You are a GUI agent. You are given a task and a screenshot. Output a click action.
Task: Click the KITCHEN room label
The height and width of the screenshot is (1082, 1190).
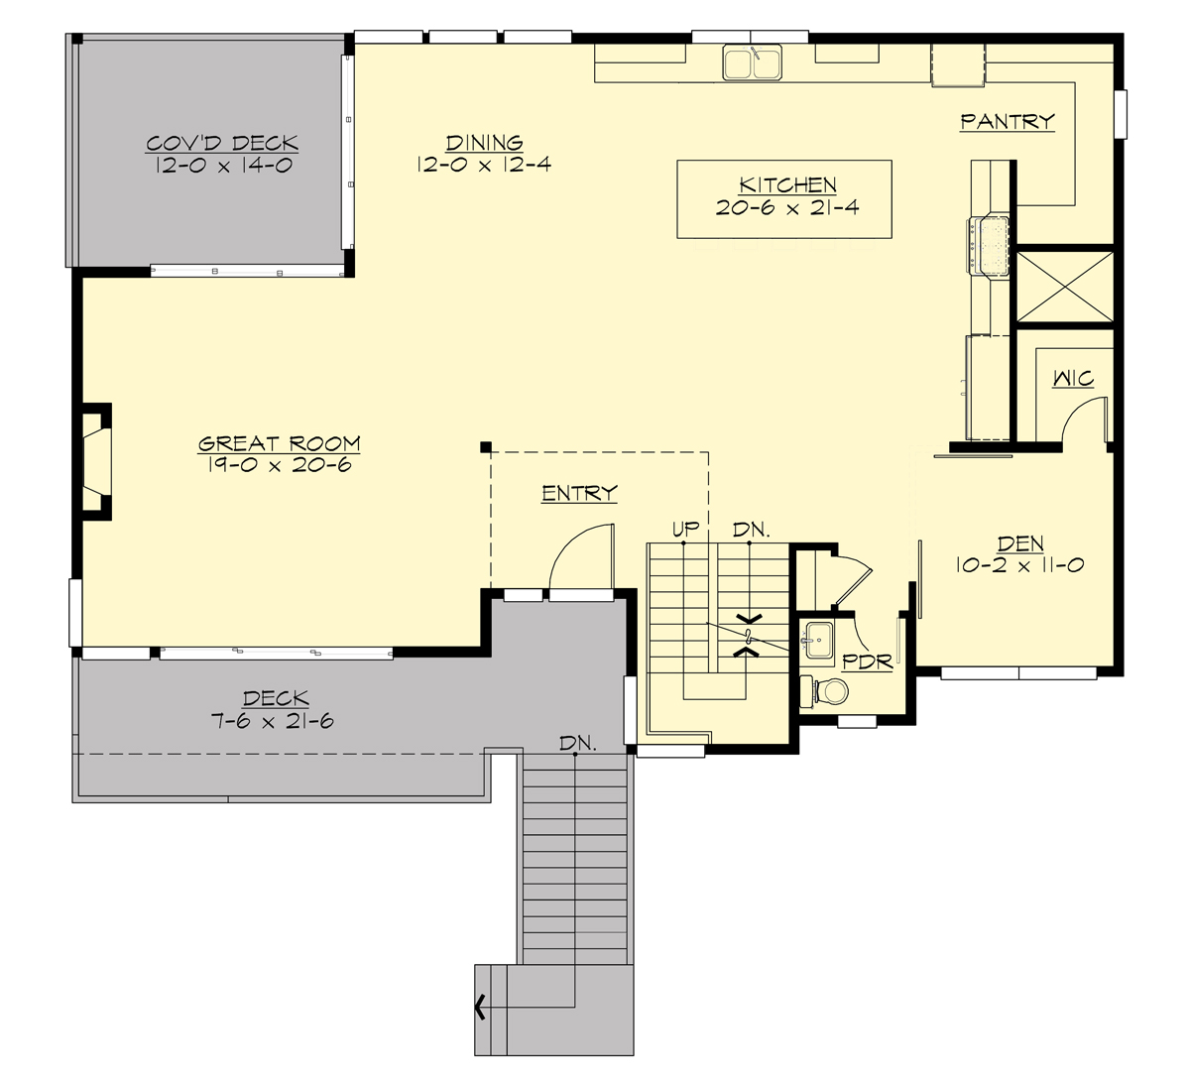pyautogui.click(x=787, y=185)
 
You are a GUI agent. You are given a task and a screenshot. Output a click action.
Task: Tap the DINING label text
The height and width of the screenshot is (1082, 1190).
pyautogui.click(x=484, y=143)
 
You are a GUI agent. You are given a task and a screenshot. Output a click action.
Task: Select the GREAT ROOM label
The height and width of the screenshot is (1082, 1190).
pyautogui.click(x=279, y=444)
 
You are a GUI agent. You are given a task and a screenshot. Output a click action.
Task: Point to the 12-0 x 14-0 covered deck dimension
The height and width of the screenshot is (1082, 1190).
pyautogui.click(x=223, y=166)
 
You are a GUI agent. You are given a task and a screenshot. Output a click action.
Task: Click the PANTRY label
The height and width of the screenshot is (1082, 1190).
pyautogui.click(x=1007, y=122)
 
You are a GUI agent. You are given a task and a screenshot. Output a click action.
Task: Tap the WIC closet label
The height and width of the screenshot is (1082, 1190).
pyautogui.click(x=1072, y=379)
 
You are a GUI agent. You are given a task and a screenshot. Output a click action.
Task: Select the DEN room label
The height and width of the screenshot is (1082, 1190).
pyautogui.click(x=1019, y=543)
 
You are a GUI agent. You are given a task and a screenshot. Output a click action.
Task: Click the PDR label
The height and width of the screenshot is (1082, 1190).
pyautogui.click(x=867, y=661)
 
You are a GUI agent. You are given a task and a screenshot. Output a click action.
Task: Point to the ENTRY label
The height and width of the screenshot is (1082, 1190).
pyautogui.click(x=579, y=493)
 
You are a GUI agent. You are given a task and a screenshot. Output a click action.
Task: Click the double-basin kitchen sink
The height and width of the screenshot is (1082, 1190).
pyautogui.click(x=752, y=62)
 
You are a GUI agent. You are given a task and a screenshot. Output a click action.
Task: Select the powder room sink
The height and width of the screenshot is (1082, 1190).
pyautogui.click(x=818, y=638)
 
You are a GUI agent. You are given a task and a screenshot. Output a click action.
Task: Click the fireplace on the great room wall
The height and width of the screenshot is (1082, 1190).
pyautogui.click(x=95, y=460)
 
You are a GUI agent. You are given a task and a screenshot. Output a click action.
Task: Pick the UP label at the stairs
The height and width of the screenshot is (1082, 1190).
pyautogui.click(x=685, y=531)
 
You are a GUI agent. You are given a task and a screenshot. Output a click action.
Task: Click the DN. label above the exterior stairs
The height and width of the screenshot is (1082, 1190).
pyautogui.click(x=577, y=743)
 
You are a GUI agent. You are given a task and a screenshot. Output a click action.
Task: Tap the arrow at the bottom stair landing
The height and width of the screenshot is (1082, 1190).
pyautogui.click(x=481, y=1008)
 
